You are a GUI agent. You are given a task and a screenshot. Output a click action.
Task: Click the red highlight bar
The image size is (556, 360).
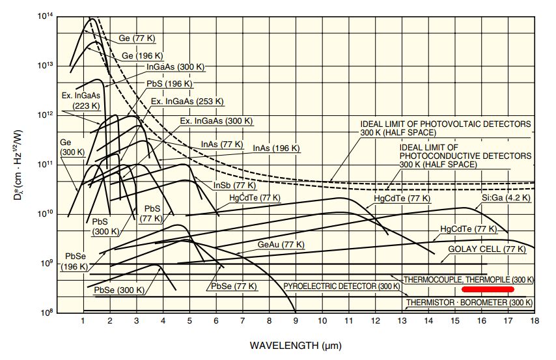click(x=488, y=288)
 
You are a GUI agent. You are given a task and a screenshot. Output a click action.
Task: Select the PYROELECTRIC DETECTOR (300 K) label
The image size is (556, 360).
click(x=342, y=286)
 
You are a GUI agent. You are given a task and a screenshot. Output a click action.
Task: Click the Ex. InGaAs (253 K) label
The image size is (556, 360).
click(x=187, y=102)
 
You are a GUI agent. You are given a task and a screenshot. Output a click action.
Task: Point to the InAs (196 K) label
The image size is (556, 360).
click(x=276, y=148)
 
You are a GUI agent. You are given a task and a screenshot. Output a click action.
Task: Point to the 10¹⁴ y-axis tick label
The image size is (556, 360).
click(x=46, y=16)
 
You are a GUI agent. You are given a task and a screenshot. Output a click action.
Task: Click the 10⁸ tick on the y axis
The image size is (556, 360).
click(x=46, y=312)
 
